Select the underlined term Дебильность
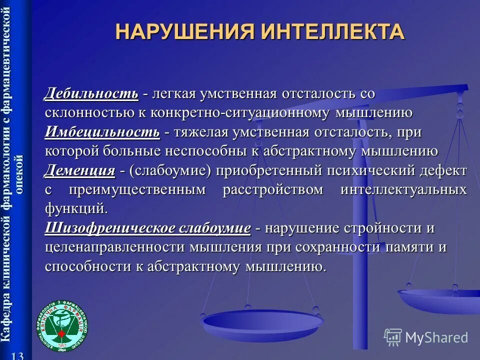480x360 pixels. [91, 93]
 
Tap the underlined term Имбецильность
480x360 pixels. [102, 132]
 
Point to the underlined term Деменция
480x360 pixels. [80, 171]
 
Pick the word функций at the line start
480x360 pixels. [76, 207]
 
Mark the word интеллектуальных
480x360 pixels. [403, 190]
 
